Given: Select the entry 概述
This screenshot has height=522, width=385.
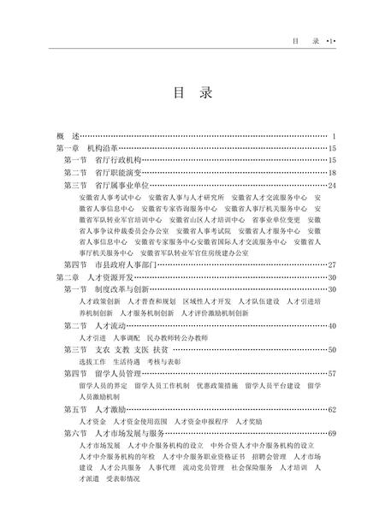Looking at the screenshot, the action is (66, 136).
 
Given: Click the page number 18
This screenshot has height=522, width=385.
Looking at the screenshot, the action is (333, 172).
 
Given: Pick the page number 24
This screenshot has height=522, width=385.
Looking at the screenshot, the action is (333, 184).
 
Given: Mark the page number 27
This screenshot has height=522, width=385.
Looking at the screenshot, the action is (333, 265).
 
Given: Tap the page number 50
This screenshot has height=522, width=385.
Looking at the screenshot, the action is (333, 350).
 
